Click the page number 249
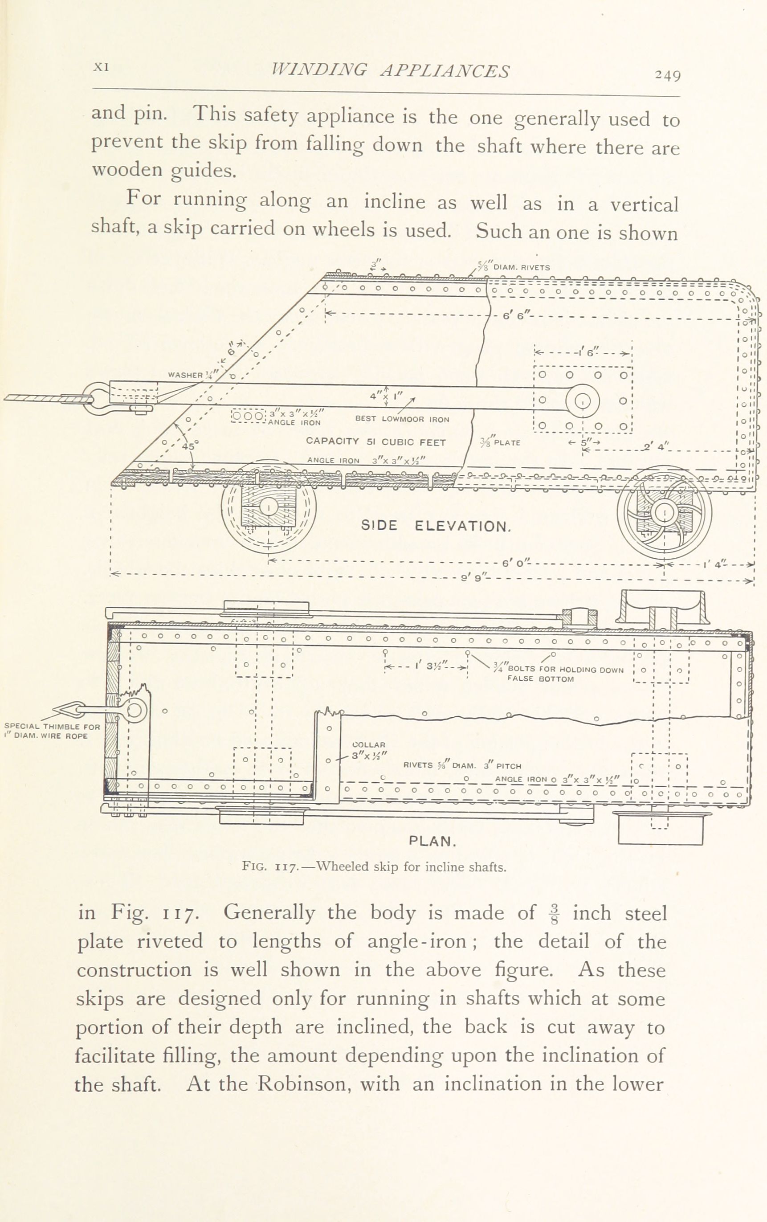click(667, 75)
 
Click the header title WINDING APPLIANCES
click(390, 70)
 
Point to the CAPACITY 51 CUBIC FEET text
click(376, 442)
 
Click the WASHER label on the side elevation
click(186, 376)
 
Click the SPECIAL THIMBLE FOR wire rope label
click(52, 731)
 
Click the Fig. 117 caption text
click(374, 866)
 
